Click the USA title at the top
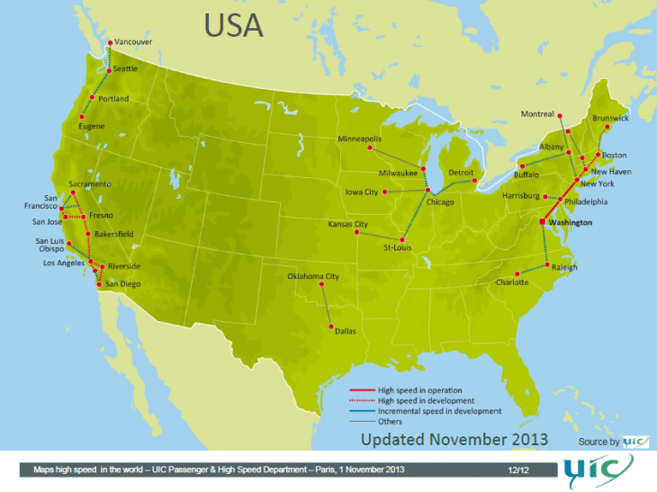[233, 25]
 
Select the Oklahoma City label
[313, 276]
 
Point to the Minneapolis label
[360, 140]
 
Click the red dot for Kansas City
[357, 232]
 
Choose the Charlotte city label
[489, 282]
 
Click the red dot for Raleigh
[548, 265]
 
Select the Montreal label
[537, 114]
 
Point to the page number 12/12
[517, 470]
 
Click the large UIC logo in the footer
[598, 470]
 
